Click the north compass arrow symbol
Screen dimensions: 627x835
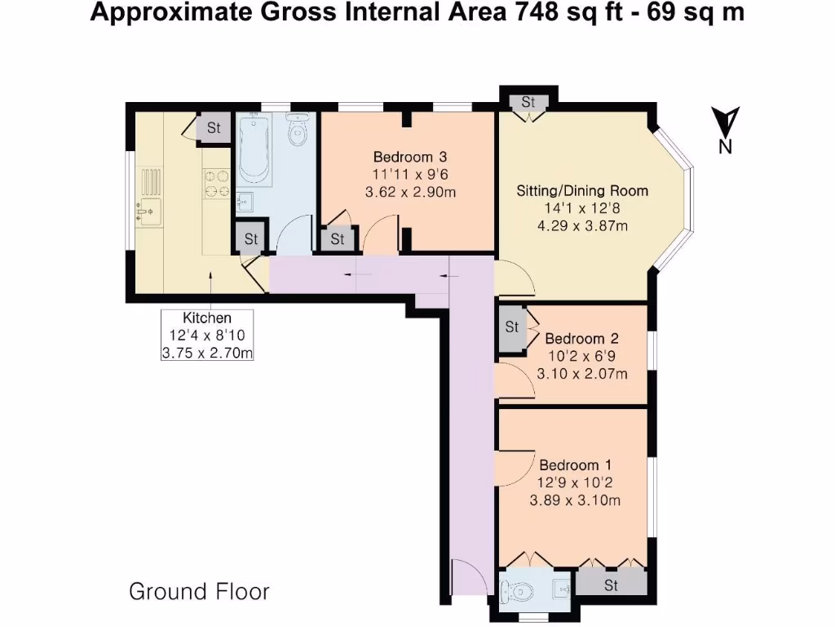click(x=724, y=122)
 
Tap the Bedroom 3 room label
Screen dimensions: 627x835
click(x=410, y=157)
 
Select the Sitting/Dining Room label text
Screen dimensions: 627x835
click(x=582, y=191)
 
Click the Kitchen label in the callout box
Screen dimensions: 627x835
click(x=206, y=318)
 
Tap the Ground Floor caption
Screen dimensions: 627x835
click(x=199, y=591)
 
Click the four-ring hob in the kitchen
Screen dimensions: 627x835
click(x=216, y=183)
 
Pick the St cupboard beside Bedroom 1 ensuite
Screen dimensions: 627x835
click(x=611, y=585)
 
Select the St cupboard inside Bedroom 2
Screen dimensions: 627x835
click(x=512, y=327)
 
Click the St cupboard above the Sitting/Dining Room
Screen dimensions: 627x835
click(x=528, y=102)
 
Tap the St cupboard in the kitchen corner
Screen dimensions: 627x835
click(x=214, y=128)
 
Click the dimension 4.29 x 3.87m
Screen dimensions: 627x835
click(x=582, y=226)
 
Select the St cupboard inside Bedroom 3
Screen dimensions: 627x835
click(x=337, y=240)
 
